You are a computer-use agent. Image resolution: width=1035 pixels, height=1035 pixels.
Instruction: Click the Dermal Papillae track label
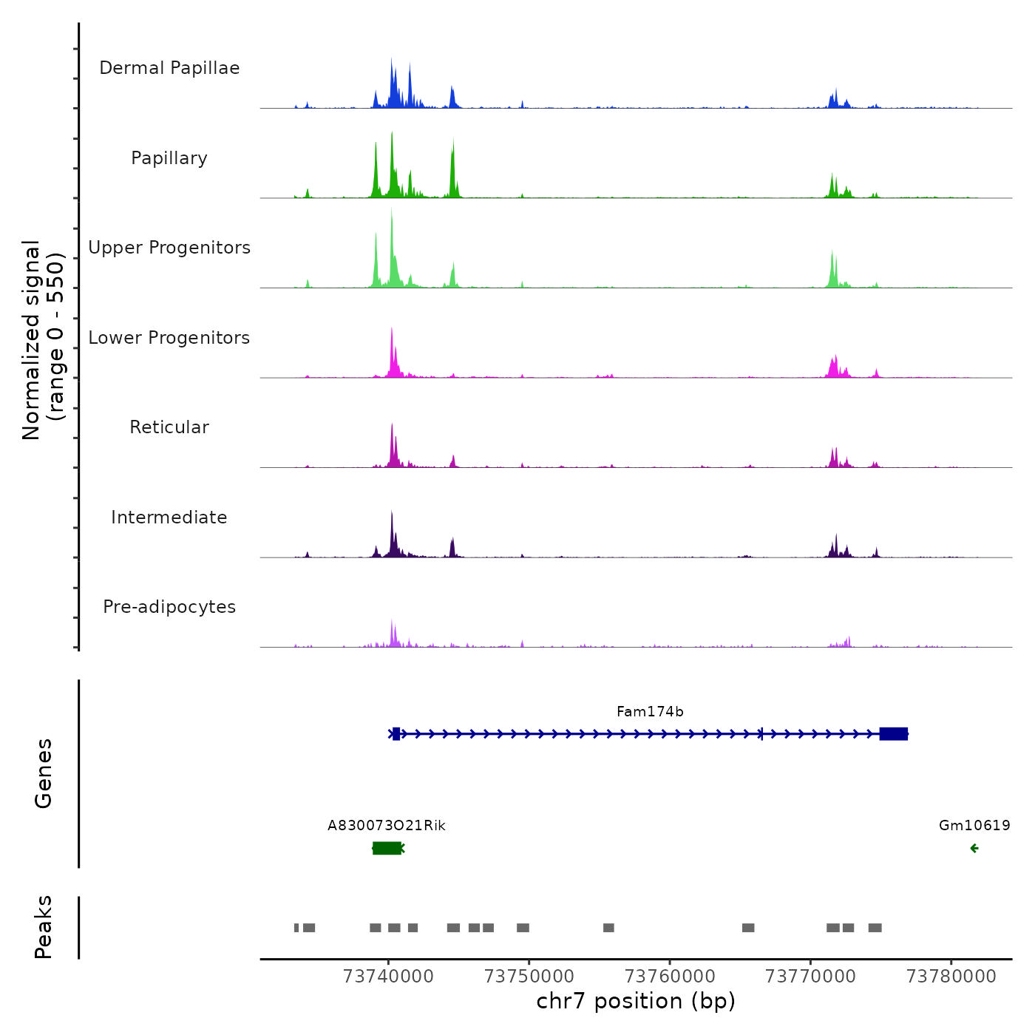[x=169, y=68]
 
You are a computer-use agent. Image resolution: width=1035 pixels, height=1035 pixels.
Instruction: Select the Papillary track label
[x=169, y=158]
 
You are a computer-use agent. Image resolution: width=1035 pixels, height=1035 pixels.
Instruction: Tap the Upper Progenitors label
[x=169, y=248]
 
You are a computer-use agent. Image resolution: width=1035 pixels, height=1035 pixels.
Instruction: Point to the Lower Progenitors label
[x=169, y=338]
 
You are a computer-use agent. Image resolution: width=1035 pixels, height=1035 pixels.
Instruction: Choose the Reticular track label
[x=169, y=427]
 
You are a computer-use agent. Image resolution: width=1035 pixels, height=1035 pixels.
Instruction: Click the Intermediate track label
[x=169, y=517]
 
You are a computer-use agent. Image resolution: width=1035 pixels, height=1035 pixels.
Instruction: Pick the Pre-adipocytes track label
[x=169, y=607]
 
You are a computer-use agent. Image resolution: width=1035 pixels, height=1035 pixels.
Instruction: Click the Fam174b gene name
[x=650, y=712]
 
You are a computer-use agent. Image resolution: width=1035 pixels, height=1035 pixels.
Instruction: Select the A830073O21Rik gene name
[x=387, y=826]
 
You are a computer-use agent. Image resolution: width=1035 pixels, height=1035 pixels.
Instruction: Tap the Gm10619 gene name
[x=974, y=826]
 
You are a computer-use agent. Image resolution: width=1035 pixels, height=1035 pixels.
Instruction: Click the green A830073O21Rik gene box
[x=387, y=848]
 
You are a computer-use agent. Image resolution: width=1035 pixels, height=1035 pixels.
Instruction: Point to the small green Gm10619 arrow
[x=974, y=848]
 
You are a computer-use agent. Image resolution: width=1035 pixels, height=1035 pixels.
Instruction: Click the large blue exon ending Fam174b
[x=893, y=734]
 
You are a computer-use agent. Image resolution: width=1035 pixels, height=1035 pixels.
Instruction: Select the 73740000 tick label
[x=388, y=977]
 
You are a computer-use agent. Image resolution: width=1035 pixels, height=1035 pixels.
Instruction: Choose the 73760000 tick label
[x=670, y=977]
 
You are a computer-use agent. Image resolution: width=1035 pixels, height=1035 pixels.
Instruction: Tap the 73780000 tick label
[x=951, y=977]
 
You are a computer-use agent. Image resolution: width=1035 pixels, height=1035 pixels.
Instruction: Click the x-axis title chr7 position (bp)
[x=636, y=1002]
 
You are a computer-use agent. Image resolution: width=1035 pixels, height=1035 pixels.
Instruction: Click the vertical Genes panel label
[x=44, y=773]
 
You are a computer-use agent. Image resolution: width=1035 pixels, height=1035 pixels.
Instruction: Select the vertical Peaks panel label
[x=44, y=927]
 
